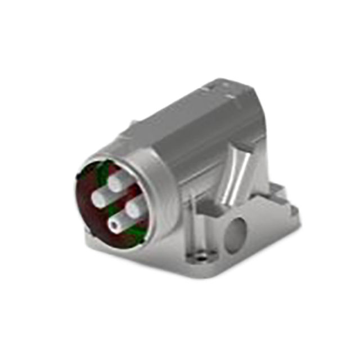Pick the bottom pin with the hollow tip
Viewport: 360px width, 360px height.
116,224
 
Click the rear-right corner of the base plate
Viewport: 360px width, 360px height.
295,214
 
